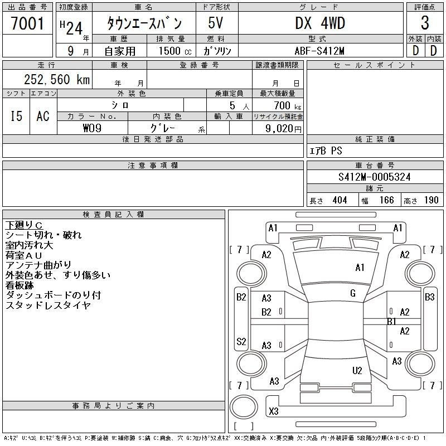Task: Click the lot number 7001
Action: click(x=27, y=23)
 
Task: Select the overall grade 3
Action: click(x=425, y=23)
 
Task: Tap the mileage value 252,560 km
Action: click(x=57, y=79)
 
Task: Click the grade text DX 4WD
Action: click(x=320, y=23)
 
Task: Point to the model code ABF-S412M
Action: click(x=319, y=51)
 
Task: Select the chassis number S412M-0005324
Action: click(x=374, y=177)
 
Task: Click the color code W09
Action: click(x=92, y=128)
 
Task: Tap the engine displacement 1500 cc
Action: click(x=175, y=51)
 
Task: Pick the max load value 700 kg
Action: click(x=287, y=106)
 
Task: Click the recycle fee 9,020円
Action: click(x=283, y=128)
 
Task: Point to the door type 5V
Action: click(x=215, y=23)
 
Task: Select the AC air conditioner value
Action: click(x=43, y=116)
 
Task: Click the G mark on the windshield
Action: click(x=353, y=293)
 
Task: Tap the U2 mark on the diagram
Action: click(x=357, y=370)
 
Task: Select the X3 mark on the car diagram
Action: click(x=274, y=411)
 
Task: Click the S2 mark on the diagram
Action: click(x=241, y=341)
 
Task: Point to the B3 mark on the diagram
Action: click(x=429, y=297)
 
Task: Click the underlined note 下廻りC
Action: click(x=24, y=225)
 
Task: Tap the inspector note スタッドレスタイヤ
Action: click(x=48, y=305)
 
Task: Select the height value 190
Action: click(x=431, y=200)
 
